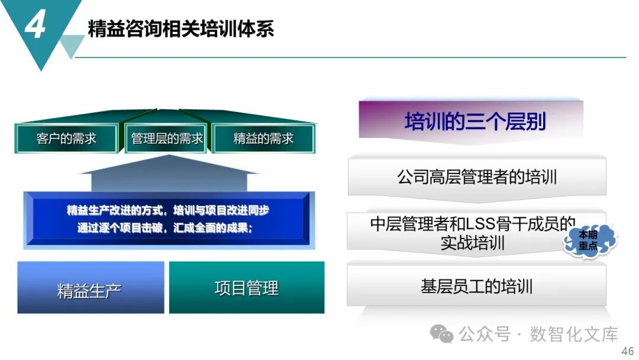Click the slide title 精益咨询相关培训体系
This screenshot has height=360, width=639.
pyautogui.click(x=180, y=28)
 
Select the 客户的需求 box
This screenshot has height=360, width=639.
pyautogui.click(x=66, y=139)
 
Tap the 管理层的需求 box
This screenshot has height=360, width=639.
pyautogui.click(x=167, y=139)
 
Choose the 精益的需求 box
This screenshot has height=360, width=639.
pyautogui.click(x=263, y=139)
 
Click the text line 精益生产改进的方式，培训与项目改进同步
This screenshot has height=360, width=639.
pyautogui.click(x=168, y=211)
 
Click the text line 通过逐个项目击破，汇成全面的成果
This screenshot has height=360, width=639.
pyautogui.click(x=164, y=228)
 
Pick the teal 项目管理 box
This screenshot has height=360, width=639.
pyautogui.click(x=246, y=288)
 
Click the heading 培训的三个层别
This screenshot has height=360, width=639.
pyautogui.click(x=475, y=121)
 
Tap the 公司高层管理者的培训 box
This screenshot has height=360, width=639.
pyautogui.click(x=477, y=177)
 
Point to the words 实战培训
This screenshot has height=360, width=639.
pyautogui.click(x=472, y=243)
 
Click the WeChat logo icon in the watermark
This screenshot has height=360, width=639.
pyautogui.click(x=442, y=335)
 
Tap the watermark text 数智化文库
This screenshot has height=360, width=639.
pyautogui.click(x=574, y=335)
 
